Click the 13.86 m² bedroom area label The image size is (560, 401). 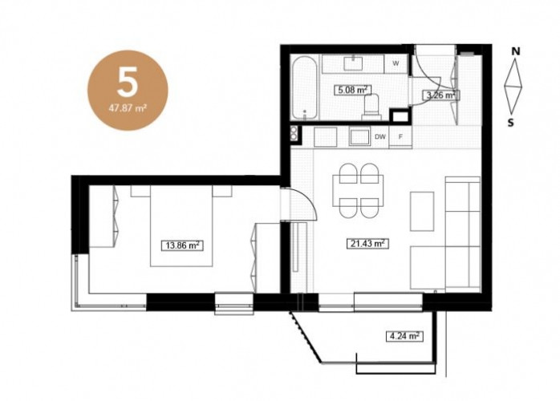[x=182, y=245]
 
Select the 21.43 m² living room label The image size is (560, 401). [x=367, y=244]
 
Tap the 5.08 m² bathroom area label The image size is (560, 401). [x=352, y=90]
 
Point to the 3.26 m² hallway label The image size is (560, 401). [x=440, y=95]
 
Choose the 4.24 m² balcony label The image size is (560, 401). [x=404, y=336]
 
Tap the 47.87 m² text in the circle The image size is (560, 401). [x=128, y=107]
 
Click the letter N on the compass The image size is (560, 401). [x=515, y=52]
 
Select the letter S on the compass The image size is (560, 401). [x=511, y=123]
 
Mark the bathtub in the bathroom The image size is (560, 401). [x=304, y=89]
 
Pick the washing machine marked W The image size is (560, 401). [x=396, y=63]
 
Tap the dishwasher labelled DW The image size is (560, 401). [x=380, y=136]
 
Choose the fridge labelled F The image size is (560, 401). [x=400, y=136]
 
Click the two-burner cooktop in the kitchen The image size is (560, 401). [x=294, y=133]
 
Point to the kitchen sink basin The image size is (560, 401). [x=359, y=137]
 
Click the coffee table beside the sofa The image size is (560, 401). [x=422, y=212]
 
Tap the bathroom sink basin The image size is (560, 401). [x=354, y=63]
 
